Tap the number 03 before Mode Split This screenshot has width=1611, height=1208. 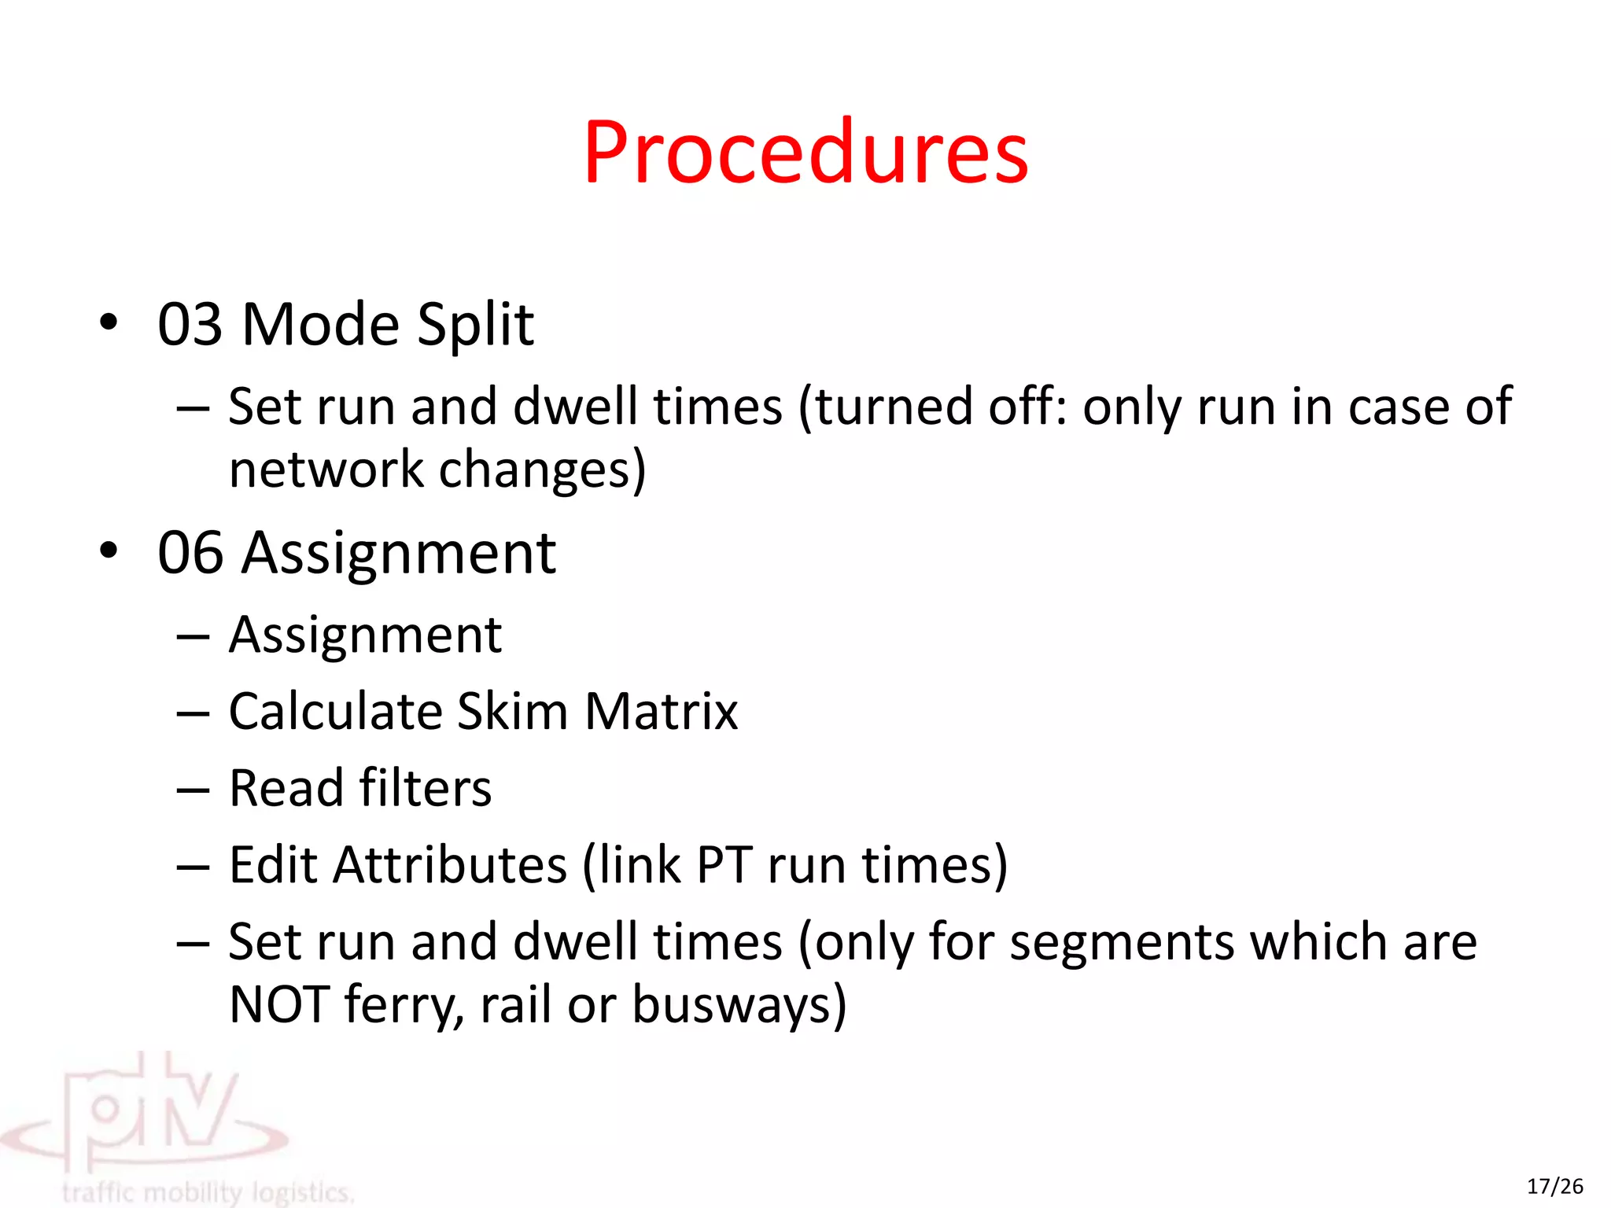pyautogui.click(x=190, y=325)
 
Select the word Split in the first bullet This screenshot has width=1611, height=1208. pyautogui.click(x=475, y=325)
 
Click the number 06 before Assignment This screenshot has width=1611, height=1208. pyautogui.click(x=190, y=553)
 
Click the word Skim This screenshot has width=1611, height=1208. pyautogui.click(x=512, y=712)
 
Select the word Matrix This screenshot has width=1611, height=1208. pyautogui.click(x=662, y=712)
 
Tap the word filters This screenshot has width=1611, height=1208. pyautogui.click(x=425, y=788)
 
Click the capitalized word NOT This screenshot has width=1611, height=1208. pyautogui.click(x=279, y=1004)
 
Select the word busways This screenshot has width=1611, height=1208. pyautogui.click(x=732, y=1004)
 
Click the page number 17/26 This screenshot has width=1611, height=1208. pyautogui.click(x=1555, y=1186)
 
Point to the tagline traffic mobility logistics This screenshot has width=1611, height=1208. pyautogui.click(x=208, y=1192)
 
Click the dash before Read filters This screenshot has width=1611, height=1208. pyautogui.click(x=193, y=790)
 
